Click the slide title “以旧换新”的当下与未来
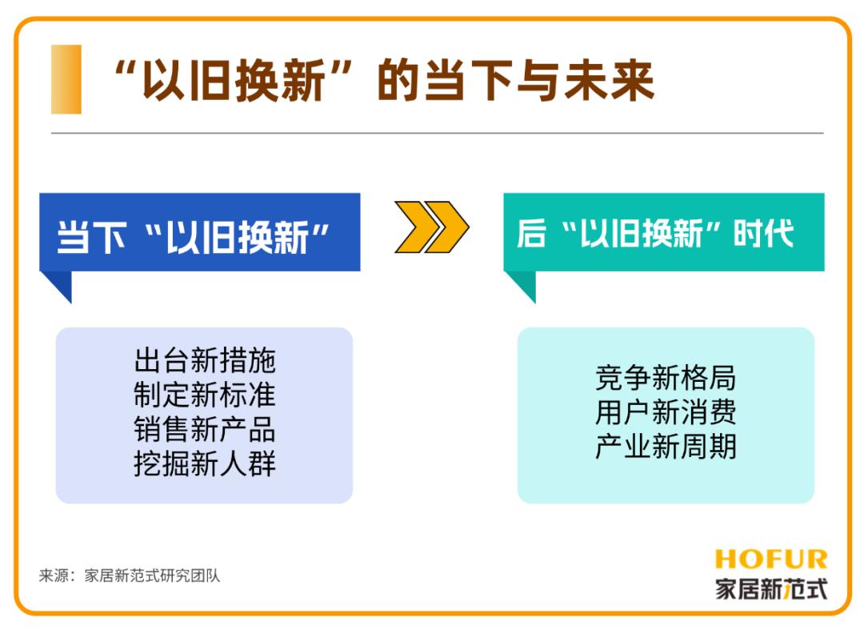point(384,81)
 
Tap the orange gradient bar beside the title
point(66,79)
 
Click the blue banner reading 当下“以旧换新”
point(200,232)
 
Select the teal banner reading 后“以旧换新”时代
point(664,232)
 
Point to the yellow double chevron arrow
point(431,227)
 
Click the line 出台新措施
point(205,360)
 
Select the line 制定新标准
point(205,395)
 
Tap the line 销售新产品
point(205,429)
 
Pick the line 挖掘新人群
point(205,463)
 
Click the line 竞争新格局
point(666,378)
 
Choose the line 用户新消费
point(666,412)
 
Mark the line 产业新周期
point(666,446)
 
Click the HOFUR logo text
point(771,560)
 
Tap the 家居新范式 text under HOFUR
point(771,588)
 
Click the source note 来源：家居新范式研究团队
point(130,576)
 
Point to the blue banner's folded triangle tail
point(59,284)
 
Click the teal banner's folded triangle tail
point(523,284)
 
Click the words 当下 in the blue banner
point(91,238)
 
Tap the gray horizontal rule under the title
point(438,133)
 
